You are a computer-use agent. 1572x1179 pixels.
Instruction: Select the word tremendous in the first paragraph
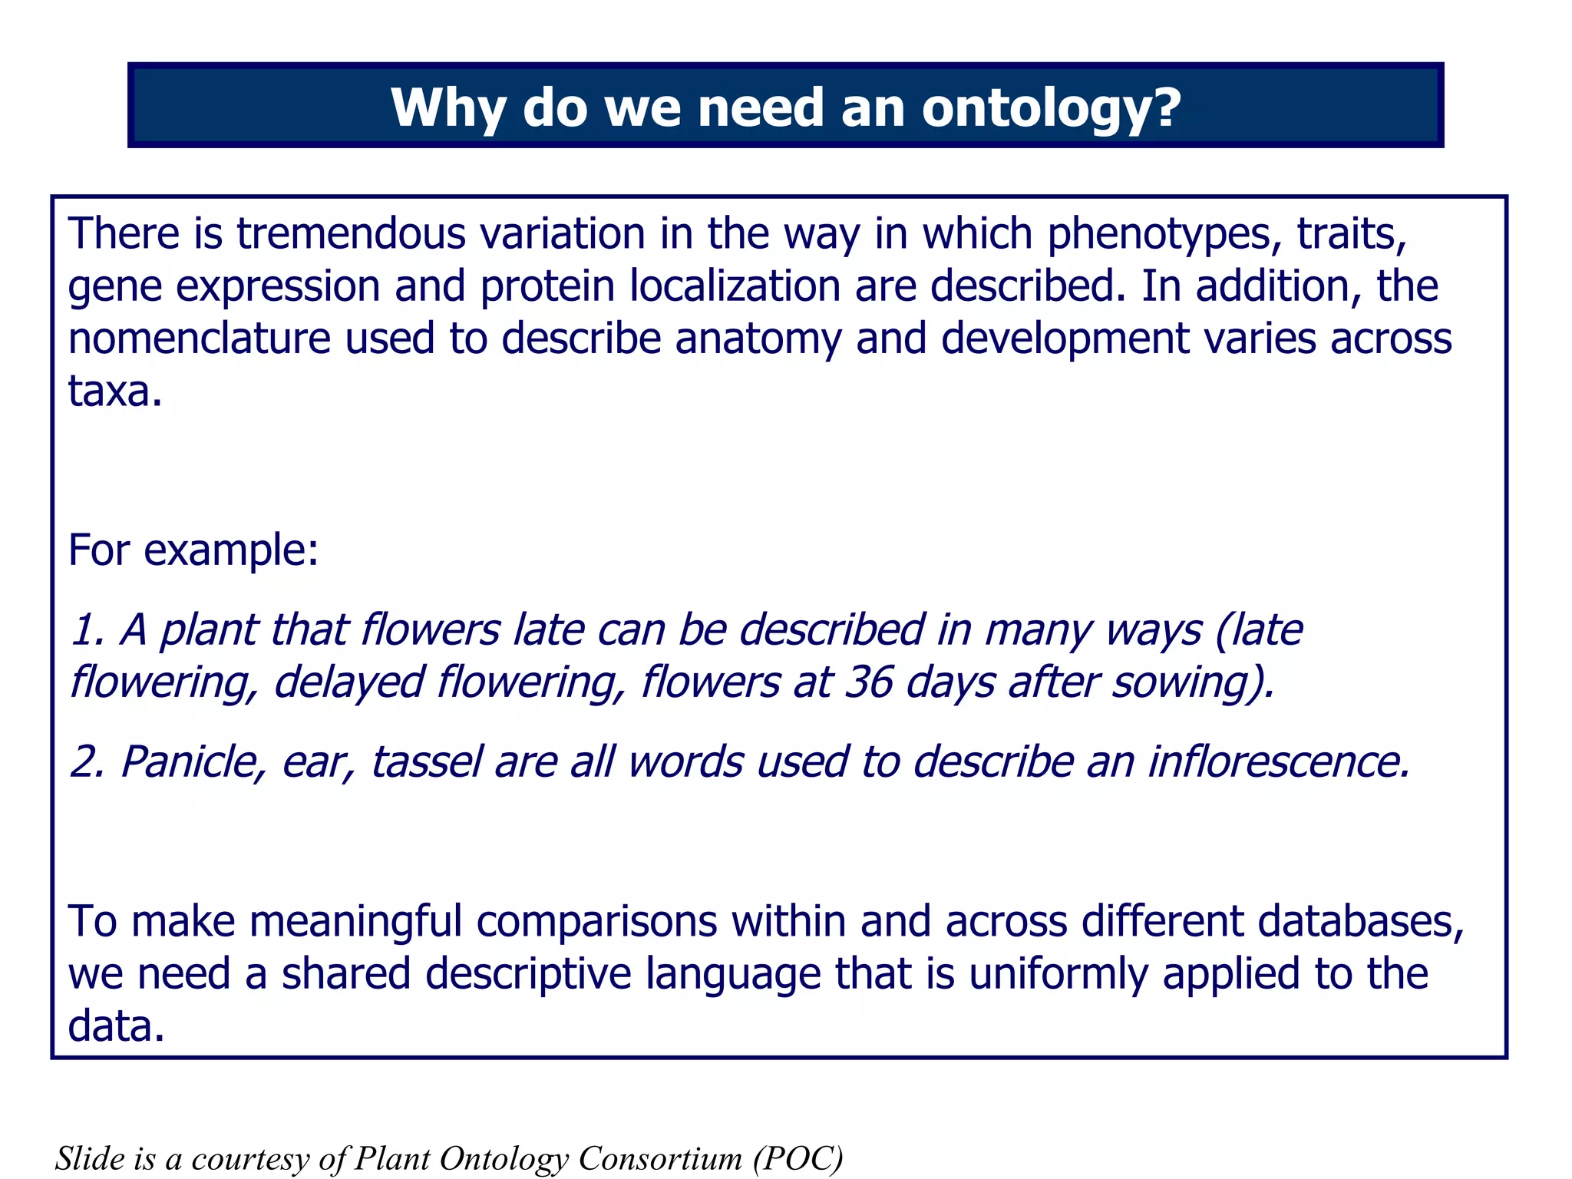tap(350, 233)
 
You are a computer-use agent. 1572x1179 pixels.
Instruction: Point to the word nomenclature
tap(199, 339)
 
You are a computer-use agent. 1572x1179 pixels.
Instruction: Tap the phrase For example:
tap(193, 550)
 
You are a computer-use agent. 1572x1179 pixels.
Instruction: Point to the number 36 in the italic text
tap(868, 682)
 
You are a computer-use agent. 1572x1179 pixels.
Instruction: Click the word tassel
tap(427, 762)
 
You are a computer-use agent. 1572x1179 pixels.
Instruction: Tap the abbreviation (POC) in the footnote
tap(798, 1158)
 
